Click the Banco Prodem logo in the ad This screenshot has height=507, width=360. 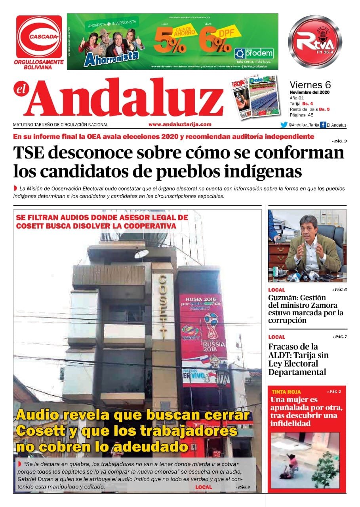254,53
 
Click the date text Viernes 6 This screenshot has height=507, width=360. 310,85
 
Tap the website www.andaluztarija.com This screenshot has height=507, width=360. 180,124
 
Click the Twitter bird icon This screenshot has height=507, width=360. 284,125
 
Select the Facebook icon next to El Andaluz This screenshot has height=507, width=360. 323,125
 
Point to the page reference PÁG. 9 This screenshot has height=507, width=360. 339,141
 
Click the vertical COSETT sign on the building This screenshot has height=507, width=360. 163,307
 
